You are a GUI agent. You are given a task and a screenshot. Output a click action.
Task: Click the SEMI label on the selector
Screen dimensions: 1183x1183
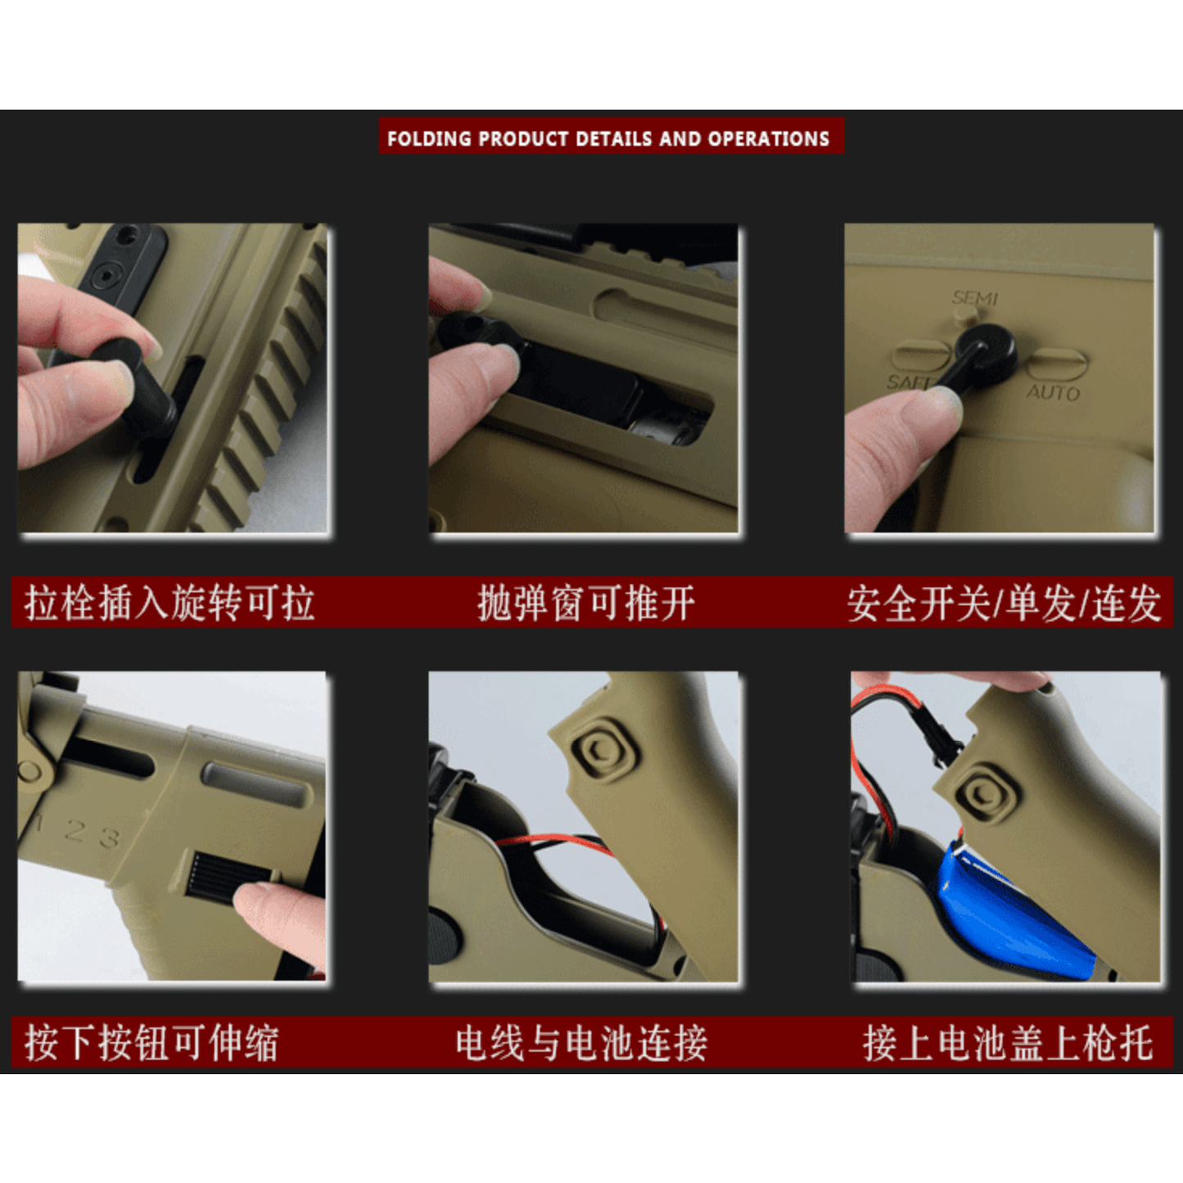974,298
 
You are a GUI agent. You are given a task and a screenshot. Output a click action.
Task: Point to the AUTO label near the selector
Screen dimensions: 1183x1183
1054,392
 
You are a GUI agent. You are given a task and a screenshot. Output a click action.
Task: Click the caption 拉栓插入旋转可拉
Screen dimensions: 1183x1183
169,603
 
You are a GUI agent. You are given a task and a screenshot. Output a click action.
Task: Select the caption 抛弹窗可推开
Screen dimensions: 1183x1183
586,603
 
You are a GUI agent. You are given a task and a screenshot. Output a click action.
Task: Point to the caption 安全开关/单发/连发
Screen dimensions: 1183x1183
1004,603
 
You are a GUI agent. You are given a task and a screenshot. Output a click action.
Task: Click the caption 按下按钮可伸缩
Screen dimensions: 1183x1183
151,1042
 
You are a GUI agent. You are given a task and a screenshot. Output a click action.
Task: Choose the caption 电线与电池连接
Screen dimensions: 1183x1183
581,1042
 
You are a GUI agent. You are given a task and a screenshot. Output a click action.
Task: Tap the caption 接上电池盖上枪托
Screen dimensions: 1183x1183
1008,1042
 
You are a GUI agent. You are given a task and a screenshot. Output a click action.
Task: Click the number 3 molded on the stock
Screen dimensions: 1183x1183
110,838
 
